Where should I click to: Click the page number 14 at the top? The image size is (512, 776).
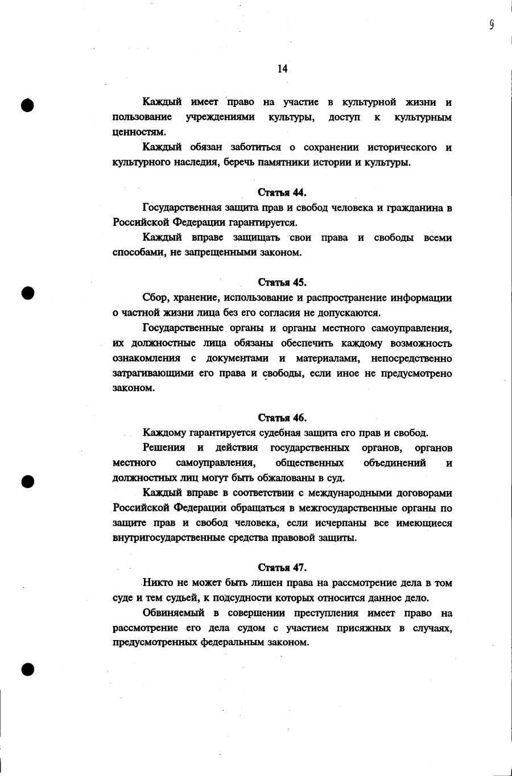(283, 69)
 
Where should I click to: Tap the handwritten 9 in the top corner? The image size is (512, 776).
(491, 24)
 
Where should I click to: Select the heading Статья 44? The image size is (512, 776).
(282, 192)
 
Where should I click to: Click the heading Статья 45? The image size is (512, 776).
(282, 282)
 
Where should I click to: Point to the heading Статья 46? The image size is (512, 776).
(282, 418)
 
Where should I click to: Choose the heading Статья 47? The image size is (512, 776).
(282, 568)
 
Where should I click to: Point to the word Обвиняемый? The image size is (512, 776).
(170, 613)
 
